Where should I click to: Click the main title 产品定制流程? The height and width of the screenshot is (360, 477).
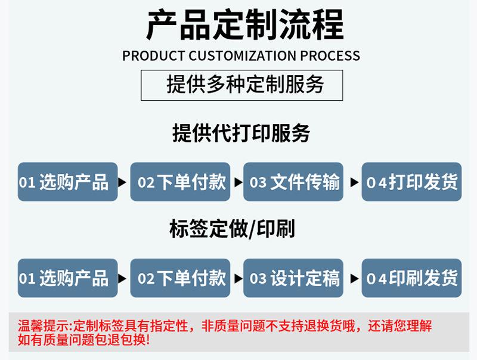coord(245,25)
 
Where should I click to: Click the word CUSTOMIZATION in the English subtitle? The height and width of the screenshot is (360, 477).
coord(242,55)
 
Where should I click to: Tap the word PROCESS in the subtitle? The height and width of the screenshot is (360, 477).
coord(330,55)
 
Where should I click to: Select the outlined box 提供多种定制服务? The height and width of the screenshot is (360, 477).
coord(242,85)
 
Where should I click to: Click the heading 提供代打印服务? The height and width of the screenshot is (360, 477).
coord(241,133)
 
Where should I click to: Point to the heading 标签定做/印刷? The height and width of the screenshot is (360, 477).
coord(232,229)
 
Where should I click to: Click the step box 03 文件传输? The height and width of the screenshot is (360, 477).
coord(293,182)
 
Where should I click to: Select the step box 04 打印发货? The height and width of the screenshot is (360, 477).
coord(411,182)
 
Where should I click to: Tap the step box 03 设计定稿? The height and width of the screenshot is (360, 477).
coord(293,278)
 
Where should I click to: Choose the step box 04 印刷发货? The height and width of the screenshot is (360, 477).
coord(411,278)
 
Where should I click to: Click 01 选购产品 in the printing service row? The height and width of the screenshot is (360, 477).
coord(68,182)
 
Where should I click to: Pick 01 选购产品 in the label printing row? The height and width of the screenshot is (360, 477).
coord(68,278)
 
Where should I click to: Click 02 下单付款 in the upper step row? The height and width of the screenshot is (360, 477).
coord(180,182)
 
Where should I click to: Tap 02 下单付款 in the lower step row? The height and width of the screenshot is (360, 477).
coord(180,278)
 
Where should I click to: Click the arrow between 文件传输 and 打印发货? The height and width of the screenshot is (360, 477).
coord(354,182)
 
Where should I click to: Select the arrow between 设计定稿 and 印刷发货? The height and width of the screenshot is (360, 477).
coord(354,278)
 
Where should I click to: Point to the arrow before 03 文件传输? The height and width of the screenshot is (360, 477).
coord(238,182)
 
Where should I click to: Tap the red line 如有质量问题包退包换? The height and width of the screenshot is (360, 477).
coord(83,340)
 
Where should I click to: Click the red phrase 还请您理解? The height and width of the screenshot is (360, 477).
coord(399,326)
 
